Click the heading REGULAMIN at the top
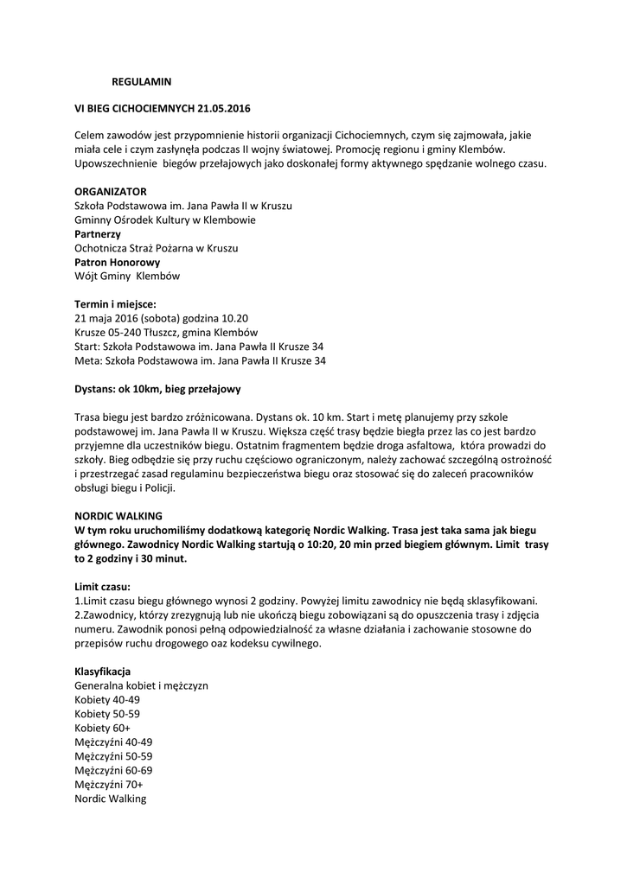142,81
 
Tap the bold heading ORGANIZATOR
110,191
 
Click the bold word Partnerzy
98,233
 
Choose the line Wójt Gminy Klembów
127,277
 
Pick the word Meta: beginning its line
88,360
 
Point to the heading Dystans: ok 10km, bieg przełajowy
157,389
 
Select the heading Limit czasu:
102,586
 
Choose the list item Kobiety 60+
102,728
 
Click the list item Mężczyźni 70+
109,784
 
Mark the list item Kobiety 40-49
106,699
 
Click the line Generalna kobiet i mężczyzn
141,685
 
